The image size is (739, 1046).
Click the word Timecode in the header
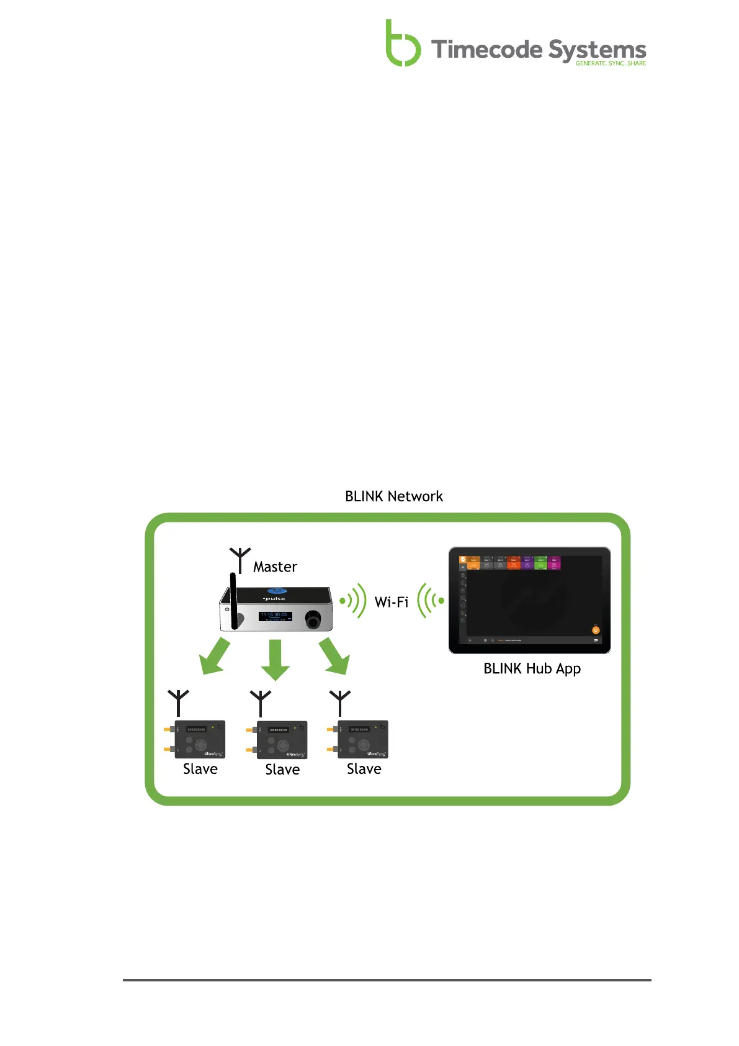[x=486, y=50]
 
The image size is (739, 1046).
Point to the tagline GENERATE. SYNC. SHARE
[x=610, y=63]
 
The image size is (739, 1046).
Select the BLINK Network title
[x=394, y=496]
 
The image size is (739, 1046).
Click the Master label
[x=275, y=566]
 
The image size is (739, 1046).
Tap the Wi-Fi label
[x=392, y=602]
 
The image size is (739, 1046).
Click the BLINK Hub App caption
[x=532, y=669]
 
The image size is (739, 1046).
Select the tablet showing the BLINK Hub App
[x=529, y=600]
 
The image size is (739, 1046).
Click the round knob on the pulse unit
[x=313, y=619]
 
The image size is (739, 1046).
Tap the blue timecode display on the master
[x=275, y=616]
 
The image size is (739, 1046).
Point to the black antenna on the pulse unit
[x=234, y=601]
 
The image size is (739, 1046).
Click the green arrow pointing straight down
[x=275, y=660]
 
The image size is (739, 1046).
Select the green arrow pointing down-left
[x=215, y=658]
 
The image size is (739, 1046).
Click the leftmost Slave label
[x=200, y=769]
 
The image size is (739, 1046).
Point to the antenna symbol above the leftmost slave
[x=178, y=702]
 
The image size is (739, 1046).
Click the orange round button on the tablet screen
[x=596, y=630]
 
